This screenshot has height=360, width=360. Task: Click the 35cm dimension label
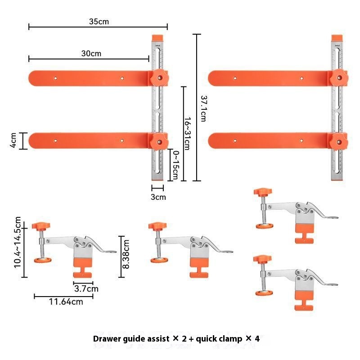coord(99,21)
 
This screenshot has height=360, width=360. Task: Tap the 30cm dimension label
coord(91,54)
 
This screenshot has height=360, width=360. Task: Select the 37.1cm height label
coord(203,108)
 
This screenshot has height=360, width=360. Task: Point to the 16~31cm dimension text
coord(186,130)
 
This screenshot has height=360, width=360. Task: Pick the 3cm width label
coord(158,197)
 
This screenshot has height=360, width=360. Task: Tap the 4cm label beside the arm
coord(13,140)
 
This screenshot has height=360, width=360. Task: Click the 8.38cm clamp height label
coord(126,254)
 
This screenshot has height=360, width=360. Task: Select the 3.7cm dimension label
coord(86,288)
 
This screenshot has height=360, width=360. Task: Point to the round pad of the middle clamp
coord(158,260)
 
